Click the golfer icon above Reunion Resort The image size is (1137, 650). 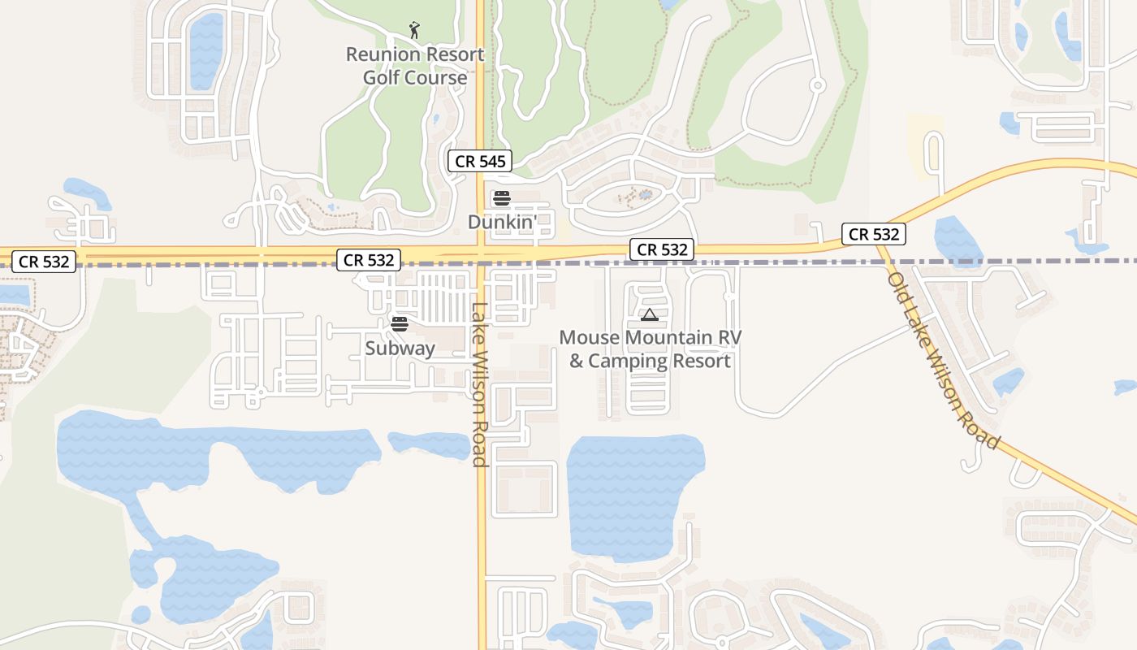(414, 30)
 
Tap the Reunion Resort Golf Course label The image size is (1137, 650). (414, 66)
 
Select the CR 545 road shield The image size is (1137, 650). (481, 161)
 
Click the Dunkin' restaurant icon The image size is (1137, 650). (502, 198)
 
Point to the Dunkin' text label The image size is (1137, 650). (502, 221)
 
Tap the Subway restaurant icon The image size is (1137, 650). (399, 324)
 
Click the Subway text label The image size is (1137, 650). (400, 349)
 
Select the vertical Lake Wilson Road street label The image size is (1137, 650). (479, 385)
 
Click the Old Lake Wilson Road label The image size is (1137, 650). (942, 360)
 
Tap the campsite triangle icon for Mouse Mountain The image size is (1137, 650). (648, 314)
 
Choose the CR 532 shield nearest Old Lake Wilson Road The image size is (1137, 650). (873, 234)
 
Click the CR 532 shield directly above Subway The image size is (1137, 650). (369, 260)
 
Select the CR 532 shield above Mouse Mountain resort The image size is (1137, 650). (662, 249)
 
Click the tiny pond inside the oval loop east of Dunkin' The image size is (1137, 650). (645, 195)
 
